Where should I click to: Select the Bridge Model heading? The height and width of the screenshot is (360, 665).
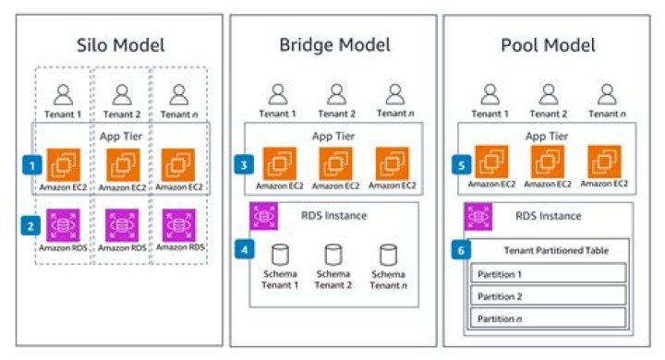pos(334,43)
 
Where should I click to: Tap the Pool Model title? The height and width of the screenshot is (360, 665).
pos(549,43)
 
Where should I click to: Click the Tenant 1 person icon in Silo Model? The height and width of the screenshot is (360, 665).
pos(63,93)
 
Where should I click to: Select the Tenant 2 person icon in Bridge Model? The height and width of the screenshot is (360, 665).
pos(335,93)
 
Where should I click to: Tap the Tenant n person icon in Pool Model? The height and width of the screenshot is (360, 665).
pos(607,93)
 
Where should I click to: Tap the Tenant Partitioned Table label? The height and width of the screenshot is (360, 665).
pos(550,250)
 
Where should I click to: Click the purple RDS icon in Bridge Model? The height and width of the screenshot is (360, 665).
pos(262,216)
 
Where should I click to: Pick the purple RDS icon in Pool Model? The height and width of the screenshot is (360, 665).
pos(477,216)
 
